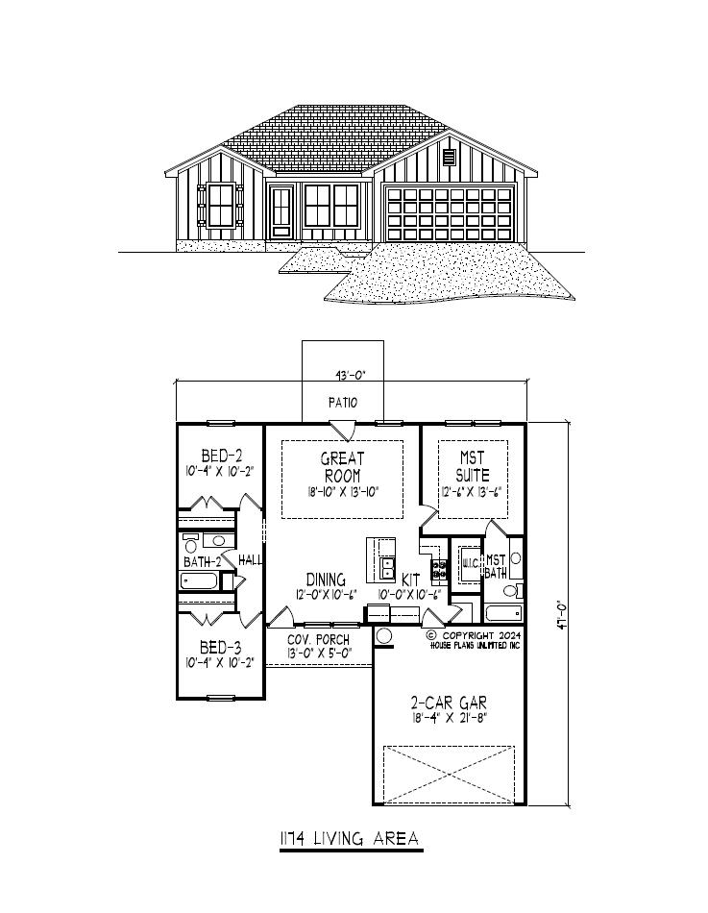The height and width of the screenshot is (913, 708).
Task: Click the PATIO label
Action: click(342, 404)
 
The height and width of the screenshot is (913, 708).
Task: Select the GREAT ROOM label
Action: click(342, 467)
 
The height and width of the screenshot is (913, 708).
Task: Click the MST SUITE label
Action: click(473, 468)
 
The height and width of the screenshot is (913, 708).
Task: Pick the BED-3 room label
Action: click(220, 647)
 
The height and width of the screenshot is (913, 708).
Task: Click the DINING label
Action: click(327, 580)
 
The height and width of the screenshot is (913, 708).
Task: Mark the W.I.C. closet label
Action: click(470, 562)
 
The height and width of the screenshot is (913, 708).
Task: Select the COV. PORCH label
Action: click(319, 640)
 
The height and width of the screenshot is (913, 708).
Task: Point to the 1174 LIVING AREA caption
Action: click(349, 839)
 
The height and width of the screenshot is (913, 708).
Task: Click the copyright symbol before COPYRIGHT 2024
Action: click(431, 635)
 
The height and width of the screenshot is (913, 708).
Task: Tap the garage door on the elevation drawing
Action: click(449, 213)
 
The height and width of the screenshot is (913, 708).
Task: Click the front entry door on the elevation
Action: click(281, 212)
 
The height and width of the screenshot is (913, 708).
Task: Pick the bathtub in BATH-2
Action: click(199, 580)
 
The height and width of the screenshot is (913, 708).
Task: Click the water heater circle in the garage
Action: click(383, 635)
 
